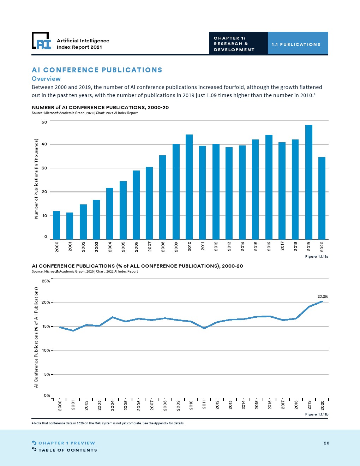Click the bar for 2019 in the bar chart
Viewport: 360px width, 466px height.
coord(309,182)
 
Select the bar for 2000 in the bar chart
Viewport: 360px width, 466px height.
coord(56,225)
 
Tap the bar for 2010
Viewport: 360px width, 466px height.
coord(189,187)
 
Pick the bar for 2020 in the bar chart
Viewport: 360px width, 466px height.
coord(322,198)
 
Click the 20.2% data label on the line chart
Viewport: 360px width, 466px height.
coord(323,297)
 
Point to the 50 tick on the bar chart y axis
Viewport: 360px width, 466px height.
coord(44,122)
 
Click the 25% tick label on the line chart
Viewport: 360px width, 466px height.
coord(46,281)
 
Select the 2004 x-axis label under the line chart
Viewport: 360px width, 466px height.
coord(113,405)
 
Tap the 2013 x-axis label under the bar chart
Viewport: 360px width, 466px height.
coord(229,246)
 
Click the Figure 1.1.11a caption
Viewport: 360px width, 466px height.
coord(317,257)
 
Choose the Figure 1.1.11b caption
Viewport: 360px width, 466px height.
coord(317,414)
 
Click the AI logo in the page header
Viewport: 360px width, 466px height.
coord(41,41)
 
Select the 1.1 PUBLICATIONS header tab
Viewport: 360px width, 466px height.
coord(296,44)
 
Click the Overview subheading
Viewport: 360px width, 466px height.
coord(46,79)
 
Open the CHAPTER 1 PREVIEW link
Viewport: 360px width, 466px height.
coord(67,443)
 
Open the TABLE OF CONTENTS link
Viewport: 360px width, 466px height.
coord(67,450)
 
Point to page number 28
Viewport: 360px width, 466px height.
coord(326,443)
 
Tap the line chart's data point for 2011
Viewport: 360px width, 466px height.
coord(204,328)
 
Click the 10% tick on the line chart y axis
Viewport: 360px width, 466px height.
coord(46,350)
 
